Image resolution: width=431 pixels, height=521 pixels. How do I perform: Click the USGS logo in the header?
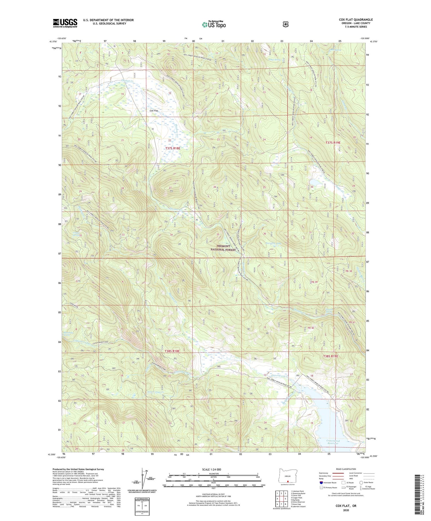tap(65, 23)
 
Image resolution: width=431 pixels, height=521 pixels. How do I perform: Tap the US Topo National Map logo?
tap(214, 24)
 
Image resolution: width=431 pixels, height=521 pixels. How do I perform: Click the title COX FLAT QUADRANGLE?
tap(356, 20)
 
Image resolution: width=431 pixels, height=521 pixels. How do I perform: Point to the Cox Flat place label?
tap(154, 110)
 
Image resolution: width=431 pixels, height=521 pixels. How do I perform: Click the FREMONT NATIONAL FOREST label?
tap(223, 248)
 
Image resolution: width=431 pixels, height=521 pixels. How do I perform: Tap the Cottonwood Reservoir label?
tap(333, 442)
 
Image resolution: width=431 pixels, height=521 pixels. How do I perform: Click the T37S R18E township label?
tap(173, 148)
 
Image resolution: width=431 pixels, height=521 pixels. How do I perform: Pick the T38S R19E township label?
tap(331, 356)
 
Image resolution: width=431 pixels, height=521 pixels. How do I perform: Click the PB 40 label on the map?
tap(311, 328)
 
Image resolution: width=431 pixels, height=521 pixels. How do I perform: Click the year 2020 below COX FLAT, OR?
tap(346, 510)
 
